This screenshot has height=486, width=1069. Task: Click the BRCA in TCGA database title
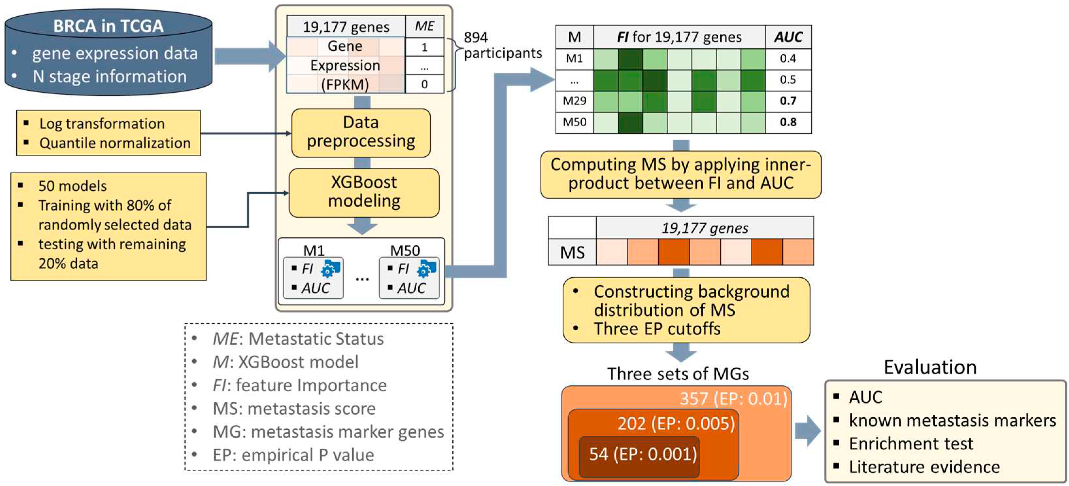[108, 26]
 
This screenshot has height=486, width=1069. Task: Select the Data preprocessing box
[360, 132]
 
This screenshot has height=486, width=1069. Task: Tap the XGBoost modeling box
[364, 192]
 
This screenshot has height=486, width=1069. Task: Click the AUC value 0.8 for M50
[788, 122]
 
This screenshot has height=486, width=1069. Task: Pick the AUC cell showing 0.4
[788, 58]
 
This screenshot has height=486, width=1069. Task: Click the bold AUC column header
[788, 37]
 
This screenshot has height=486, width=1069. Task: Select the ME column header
[424, 26]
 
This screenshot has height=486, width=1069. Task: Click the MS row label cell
[572, 252]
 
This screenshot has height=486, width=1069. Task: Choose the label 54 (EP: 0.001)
[643, 454]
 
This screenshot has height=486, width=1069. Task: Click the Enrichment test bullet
[911, 443]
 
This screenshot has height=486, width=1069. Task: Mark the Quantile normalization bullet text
[115, 143]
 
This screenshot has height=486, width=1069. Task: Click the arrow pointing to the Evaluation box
[808, 430]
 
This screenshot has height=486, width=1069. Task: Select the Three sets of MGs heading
[678, 374]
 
